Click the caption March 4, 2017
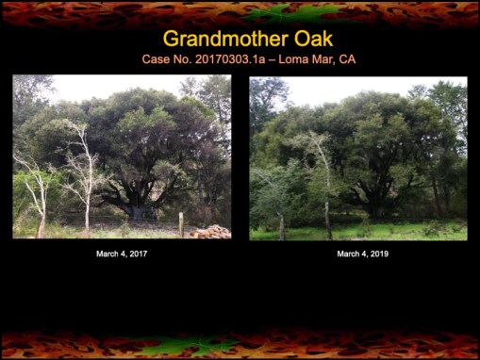coord(122,254)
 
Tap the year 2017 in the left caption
coord(138,254)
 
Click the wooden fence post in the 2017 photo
coord(180,224)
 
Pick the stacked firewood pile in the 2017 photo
coord(211,232)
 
